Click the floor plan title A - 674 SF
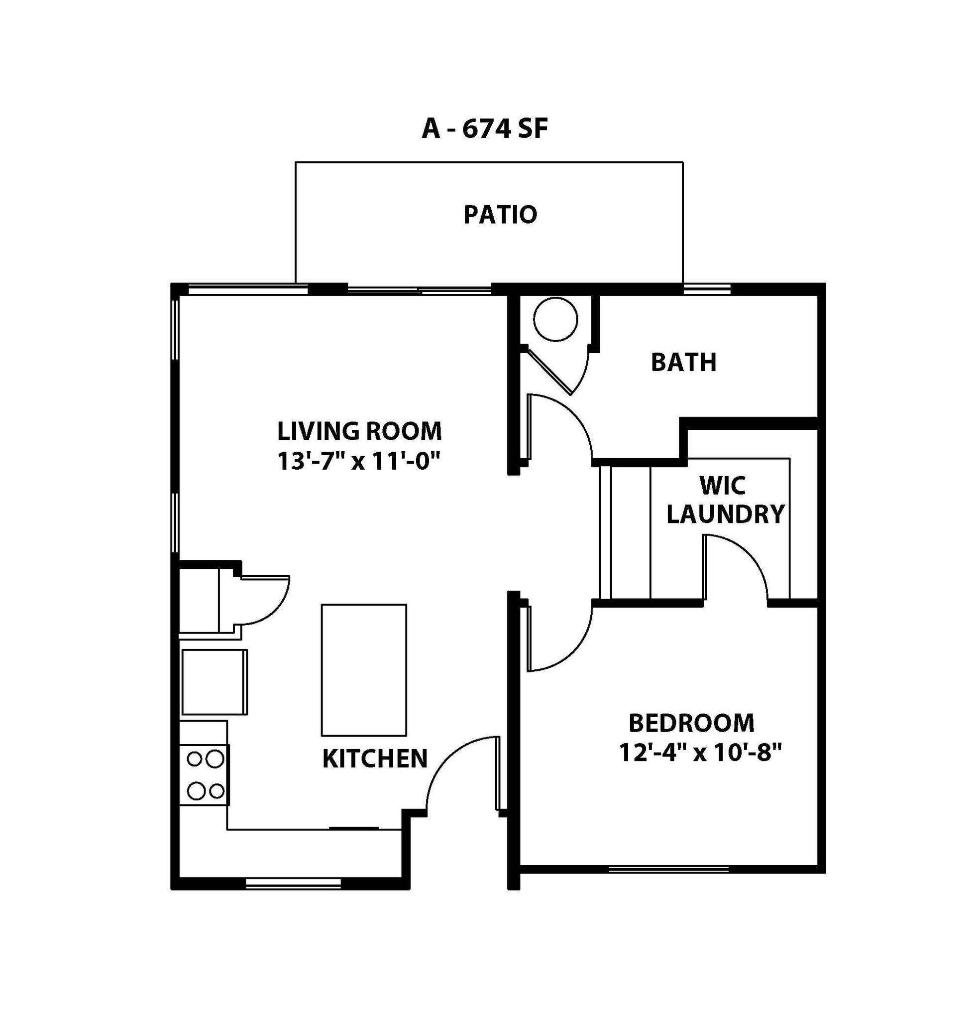point(484,128)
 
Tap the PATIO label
point(500,214)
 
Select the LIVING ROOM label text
point(359,431)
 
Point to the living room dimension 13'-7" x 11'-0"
point(359,461)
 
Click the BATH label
point(683,362)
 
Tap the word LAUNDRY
point(725,514)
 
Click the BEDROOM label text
point(691,723)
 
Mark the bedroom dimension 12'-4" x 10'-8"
point(701,753)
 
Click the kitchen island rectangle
point(364,670)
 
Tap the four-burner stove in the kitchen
point(205,775)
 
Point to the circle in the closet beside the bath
point(555,319)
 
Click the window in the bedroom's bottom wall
point(668,868)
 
